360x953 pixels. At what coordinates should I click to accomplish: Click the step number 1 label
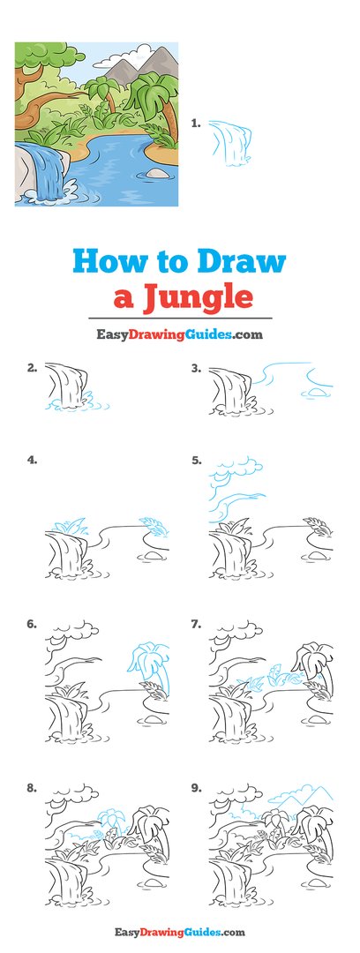pos(196,124)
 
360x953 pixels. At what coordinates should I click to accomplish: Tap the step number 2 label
pos(32,367)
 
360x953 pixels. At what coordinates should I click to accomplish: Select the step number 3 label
pos(196,367)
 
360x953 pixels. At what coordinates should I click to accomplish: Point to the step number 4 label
pos(32,460)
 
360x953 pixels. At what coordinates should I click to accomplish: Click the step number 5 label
pos(196,460)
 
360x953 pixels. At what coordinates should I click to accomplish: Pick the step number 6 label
pos(32,623)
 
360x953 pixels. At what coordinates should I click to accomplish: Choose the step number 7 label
pos(196,623)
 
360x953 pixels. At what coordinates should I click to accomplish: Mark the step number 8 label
pos(32,787)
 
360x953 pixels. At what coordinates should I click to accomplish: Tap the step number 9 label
pos(196,787)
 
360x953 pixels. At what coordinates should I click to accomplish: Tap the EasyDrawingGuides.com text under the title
pos(179,334)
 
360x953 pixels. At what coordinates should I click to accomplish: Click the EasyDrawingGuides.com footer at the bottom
pos(179,932)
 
